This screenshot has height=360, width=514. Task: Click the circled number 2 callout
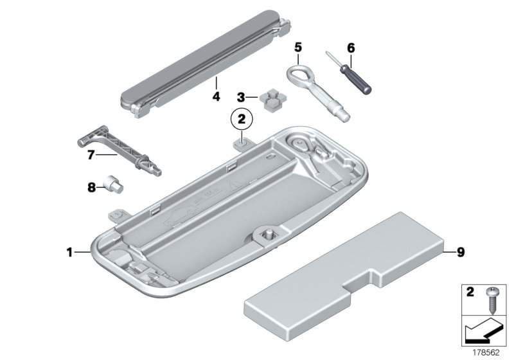pos(242,120)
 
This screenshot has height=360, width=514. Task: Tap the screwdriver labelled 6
pos(349,73)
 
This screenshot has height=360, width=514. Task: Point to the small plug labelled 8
pos(114,184)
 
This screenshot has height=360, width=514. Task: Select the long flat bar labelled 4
pos(205,64)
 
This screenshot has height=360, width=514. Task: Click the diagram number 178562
pos(486,353)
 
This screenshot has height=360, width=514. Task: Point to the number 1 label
pos(69,253)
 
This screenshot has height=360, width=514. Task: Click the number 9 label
pos(461,253)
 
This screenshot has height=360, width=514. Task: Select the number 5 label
pos(297,48)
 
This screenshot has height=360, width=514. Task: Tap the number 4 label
pos(216,96)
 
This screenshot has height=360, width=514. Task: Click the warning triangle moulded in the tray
pos(235,187)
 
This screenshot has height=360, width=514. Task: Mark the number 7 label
pos(91,155)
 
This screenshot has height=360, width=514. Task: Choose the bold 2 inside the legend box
pos(470,292)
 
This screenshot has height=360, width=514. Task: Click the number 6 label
pos(351,48)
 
